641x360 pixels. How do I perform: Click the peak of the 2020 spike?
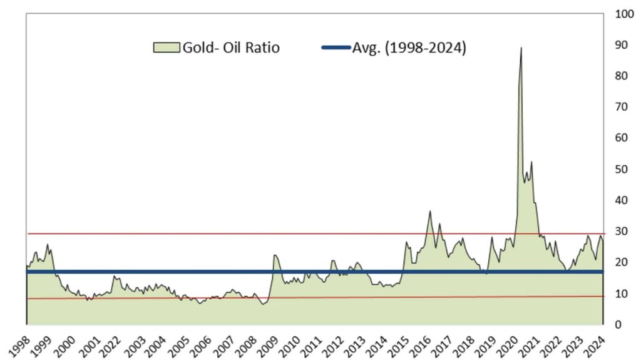pyautogui.click(x=521, y=48)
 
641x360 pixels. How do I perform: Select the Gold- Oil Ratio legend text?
pyautogui.click(x=230, y=48)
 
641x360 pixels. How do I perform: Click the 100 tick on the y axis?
pyautogui.click(x=622, y=14)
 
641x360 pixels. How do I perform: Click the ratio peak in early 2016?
pyautogui.click(x=430, y=211)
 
